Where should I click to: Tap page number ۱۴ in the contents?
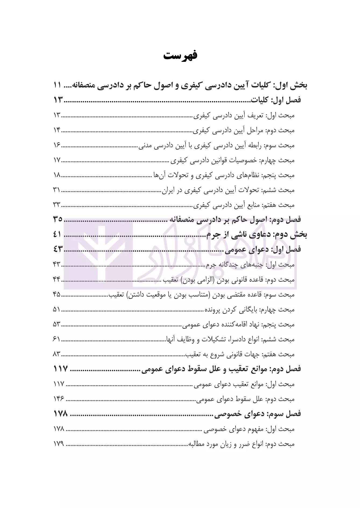pos(57,130)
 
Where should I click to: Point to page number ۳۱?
pos(57,190)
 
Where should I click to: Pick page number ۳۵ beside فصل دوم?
pos(58,220)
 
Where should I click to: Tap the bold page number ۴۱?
pos(58,234)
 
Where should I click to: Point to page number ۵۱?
pos(57,310)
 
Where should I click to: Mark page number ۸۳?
pos(57,354)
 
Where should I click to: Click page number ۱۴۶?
pos(59,399)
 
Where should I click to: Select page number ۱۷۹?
pos(59,444)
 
